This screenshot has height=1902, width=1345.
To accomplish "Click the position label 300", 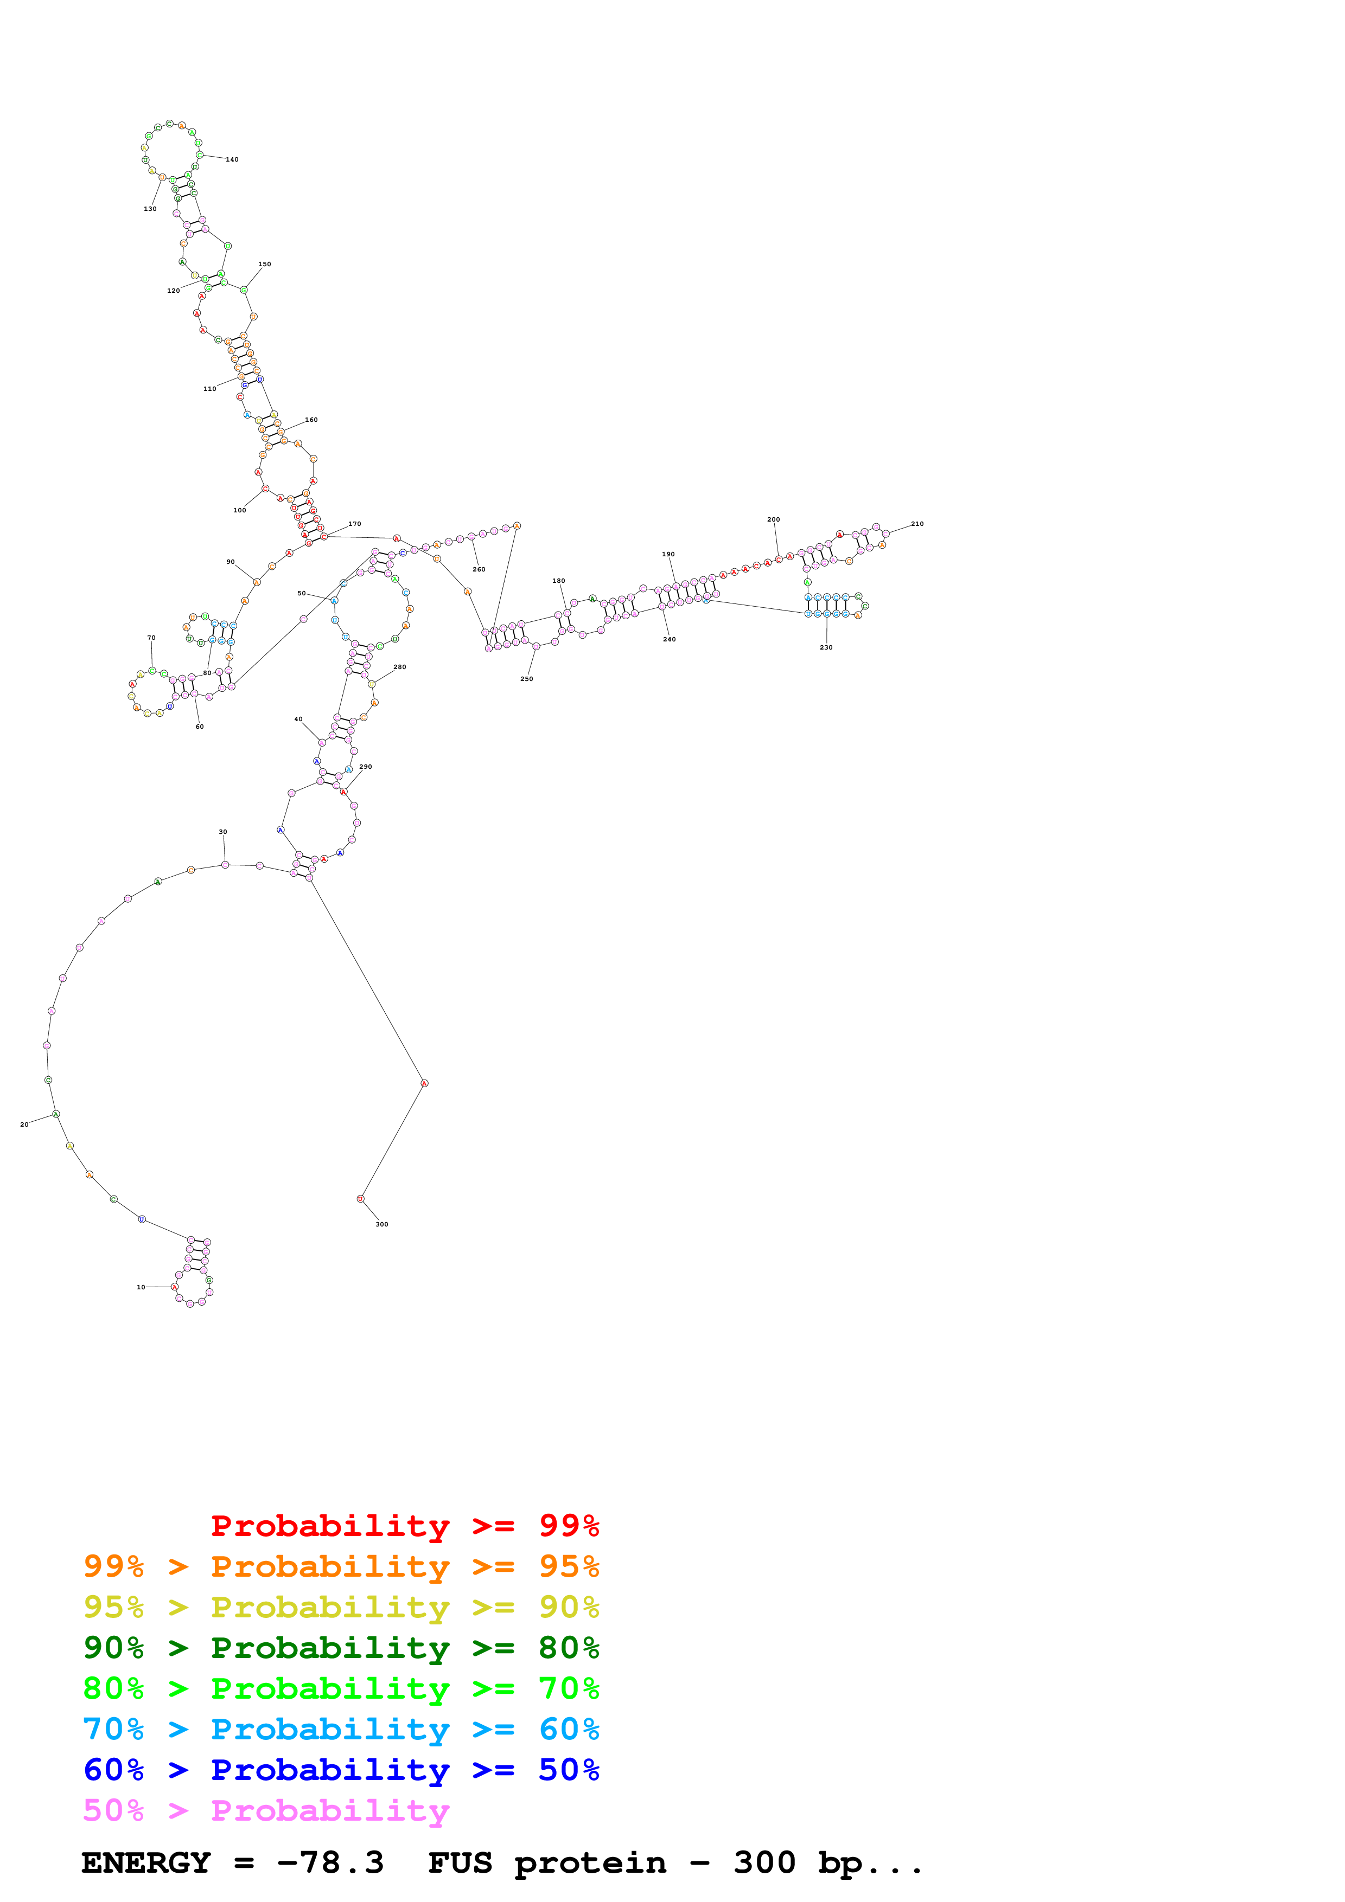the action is (381, 1224).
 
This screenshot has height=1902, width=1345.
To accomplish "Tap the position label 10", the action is (141, 1287).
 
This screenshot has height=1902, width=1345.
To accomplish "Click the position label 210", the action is (917, 524).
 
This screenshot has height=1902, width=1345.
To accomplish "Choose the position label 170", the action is (355, 524).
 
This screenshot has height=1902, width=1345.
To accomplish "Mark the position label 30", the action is (223, 832).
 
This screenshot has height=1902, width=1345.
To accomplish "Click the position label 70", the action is (151, 638).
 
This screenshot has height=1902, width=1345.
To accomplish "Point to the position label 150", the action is (264, 264).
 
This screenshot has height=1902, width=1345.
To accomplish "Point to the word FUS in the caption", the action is (460, 1863).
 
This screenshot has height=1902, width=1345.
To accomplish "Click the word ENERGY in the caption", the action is (146, 1863).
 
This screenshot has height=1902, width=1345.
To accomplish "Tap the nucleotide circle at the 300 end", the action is (360, 1199).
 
